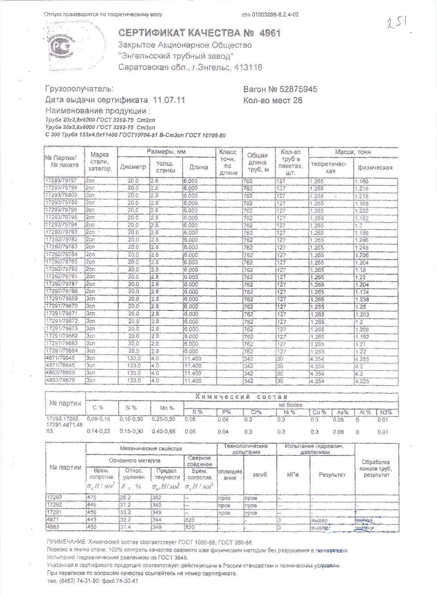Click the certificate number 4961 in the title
pos(270,33)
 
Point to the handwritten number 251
pos(398,24)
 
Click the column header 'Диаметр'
pos(133,167)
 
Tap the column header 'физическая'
pos(375,167)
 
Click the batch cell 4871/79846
pos(60,358)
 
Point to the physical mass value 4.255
pos(362,359)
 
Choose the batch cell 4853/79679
pos(60,380)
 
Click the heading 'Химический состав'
pos(241,397)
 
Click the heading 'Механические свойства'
pos(151,448)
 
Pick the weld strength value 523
pos(189,520)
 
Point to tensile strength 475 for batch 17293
pos(92,497)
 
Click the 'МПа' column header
pos(293,475)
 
